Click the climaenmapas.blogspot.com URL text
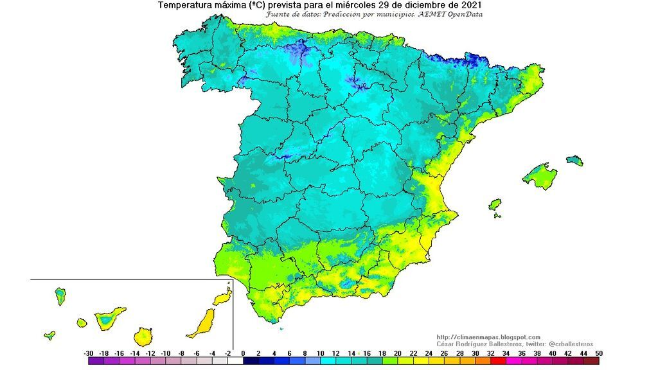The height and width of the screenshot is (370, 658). (488, 337)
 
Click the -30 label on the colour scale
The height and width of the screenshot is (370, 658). (89, 353)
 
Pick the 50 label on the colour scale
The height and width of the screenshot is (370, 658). (599, 353)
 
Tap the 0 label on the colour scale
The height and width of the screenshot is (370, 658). (243, 353)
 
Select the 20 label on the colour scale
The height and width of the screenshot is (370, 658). (398, 353)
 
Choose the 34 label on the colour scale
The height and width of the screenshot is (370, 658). (506, 353)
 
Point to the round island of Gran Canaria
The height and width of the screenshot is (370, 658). (144, 336)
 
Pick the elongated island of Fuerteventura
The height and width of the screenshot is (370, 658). (202, 323)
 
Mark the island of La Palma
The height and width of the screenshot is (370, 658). (60, 295)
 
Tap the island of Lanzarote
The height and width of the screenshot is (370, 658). (222, 297)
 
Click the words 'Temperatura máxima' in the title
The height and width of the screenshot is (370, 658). (199, 5)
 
